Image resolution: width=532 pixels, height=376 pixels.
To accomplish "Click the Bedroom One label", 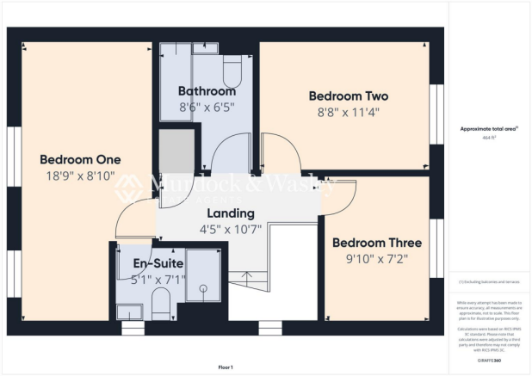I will (80, 159).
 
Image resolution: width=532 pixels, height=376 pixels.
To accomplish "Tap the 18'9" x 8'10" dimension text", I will (80, 176).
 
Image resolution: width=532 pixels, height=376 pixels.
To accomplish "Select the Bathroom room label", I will (207, 91).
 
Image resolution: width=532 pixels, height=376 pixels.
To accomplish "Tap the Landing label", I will (230, 213).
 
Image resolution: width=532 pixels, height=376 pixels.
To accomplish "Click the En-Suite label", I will (153, 262).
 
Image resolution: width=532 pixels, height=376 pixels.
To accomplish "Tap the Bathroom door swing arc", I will (231, 155).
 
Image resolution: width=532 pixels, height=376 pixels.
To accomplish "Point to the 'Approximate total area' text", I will (487, 127).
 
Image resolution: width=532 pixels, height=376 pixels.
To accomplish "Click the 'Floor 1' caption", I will (226, 365).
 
